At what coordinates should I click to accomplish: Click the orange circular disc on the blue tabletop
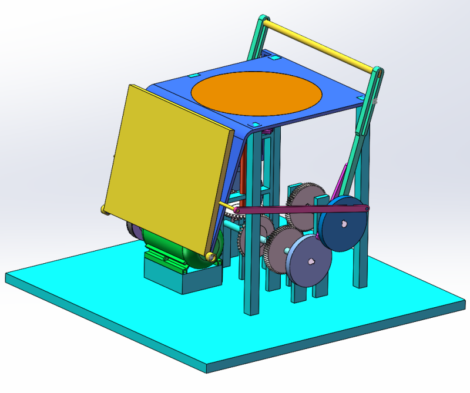256,93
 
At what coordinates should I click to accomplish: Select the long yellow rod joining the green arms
320,46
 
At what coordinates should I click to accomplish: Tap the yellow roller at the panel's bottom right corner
210,256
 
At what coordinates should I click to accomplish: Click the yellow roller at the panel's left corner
103,210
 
